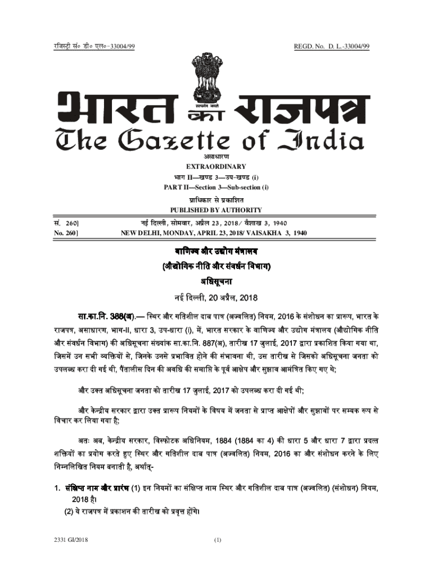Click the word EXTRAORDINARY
click(216, 166)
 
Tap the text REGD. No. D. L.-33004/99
click(331, 45)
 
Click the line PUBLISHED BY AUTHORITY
click(216, 210)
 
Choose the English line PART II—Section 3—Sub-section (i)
click(216, 187)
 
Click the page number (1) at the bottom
click(218, 540)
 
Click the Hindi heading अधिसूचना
click(216, 280)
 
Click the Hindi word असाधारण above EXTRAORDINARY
click(216, 157)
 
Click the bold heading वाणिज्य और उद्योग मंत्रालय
click(216, 250)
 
